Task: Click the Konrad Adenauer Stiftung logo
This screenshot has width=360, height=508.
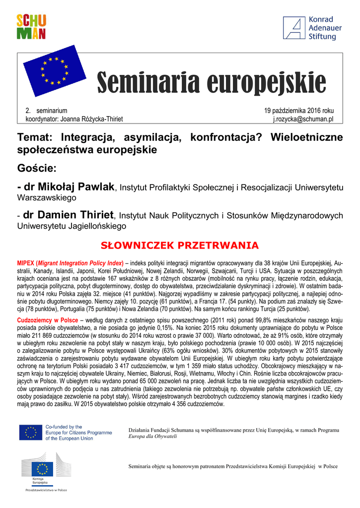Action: pos(309,28)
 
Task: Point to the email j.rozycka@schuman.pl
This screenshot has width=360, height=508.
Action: pos(303,119)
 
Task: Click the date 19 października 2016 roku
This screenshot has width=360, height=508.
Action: pos(299,111)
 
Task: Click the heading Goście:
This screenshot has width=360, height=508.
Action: pos(37,168)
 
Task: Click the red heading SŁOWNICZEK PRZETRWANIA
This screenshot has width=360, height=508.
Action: pos(180,246)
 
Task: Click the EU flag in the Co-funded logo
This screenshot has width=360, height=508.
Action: pos(31,433)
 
